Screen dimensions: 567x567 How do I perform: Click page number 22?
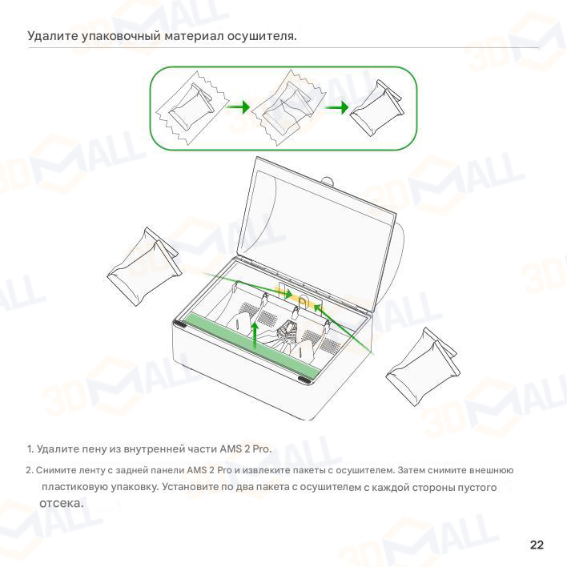click(x=537, y=545)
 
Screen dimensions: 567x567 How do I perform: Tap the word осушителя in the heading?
click(x=260, y=36)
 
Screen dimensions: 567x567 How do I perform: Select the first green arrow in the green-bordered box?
click(x=238, y=107)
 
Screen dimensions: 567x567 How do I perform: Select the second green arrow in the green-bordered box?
click(x=336, y=107)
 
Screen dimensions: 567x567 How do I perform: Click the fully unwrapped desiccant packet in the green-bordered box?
click(x=376, y=107)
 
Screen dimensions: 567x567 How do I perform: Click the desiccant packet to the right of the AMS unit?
click(x=422, y=367)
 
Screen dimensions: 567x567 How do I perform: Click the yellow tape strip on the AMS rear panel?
click(x=300, y=299)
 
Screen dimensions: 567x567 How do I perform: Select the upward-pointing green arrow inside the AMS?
click(x=255, y=336)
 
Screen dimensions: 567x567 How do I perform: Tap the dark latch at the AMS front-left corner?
click(x=179, y=324)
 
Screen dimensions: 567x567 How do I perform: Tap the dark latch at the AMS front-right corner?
click(x=304, y=380)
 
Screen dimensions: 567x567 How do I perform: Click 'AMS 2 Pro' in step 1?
click(x=245, y=448)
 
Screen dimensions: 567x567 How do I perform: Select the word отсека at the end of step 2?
click(x=61, y=503)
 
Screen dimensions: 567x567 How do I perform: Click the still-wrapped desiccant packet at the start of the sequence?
click(x=192, y=107)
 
